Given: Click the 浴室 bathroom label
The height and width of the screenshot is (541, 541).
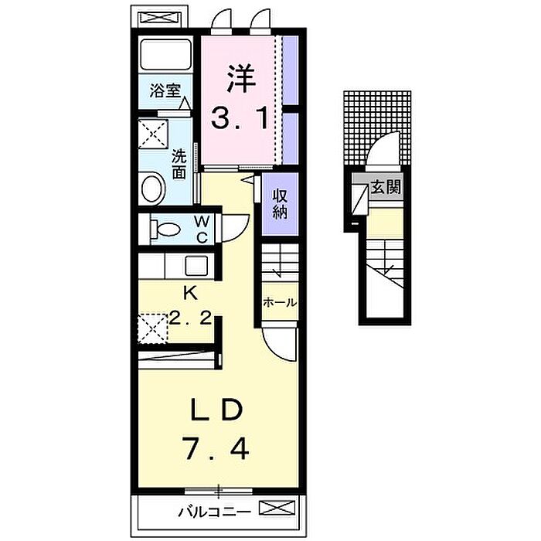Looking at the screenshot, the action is tap(165, 90).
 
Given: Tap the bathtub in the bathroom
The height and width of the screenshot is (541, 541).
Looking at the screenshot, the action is tap(165, 55).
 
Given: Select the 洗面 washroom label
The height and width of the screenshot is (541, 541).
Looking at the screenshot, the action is tap(179, 164).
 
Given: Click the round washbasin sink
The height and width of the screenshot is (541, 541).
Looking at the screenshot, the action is tap(153, 189).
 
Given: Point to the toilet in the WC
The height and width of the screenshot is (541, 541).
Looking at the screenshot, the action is tap(165, 229).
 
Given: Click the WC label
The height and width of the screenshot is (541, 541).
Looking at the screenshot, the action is tap(201, 229).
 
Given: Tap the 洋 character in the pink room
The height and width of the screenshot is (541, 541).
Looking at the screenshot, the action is tap(241, 80).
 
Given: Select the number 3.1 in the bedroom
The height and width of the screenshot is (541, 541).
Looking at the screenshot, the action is tap(239, 118).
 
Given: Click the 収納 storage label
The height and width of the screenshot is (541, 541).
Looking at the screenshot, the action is tap(280, 205).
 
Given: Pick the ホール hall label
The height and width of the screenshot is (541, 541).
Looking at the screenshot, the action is tap(280, 303).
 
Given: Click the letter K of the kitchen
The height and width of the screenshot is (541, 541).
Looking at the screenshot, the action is tap(190, 293).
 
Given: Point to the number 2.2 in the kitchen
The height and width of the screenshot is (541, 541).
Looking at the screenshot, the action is tap(190, 318).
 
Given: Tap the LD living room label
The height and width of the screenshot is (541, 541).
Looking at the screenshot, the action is tap(217, 409).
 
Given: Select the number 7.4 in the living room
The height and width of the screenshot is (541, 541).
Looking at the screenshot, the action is tap(216, 447).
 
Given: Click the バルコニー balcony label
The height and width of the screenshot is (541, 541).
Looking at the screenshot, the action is tap(214, 512).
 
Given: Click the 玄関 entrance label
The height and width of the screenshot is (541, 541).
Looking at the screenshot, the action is tap(386, 187).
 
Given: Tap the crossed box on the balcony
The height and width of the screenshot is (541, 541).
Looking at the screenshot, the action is tap(277, 508).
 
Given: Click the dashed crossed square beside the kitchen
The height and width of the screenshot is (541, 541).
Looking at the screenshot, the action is tap(153, 328).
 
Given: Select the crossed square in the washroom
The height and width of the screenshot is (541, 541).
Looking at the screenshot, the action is tap(153, 134).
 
